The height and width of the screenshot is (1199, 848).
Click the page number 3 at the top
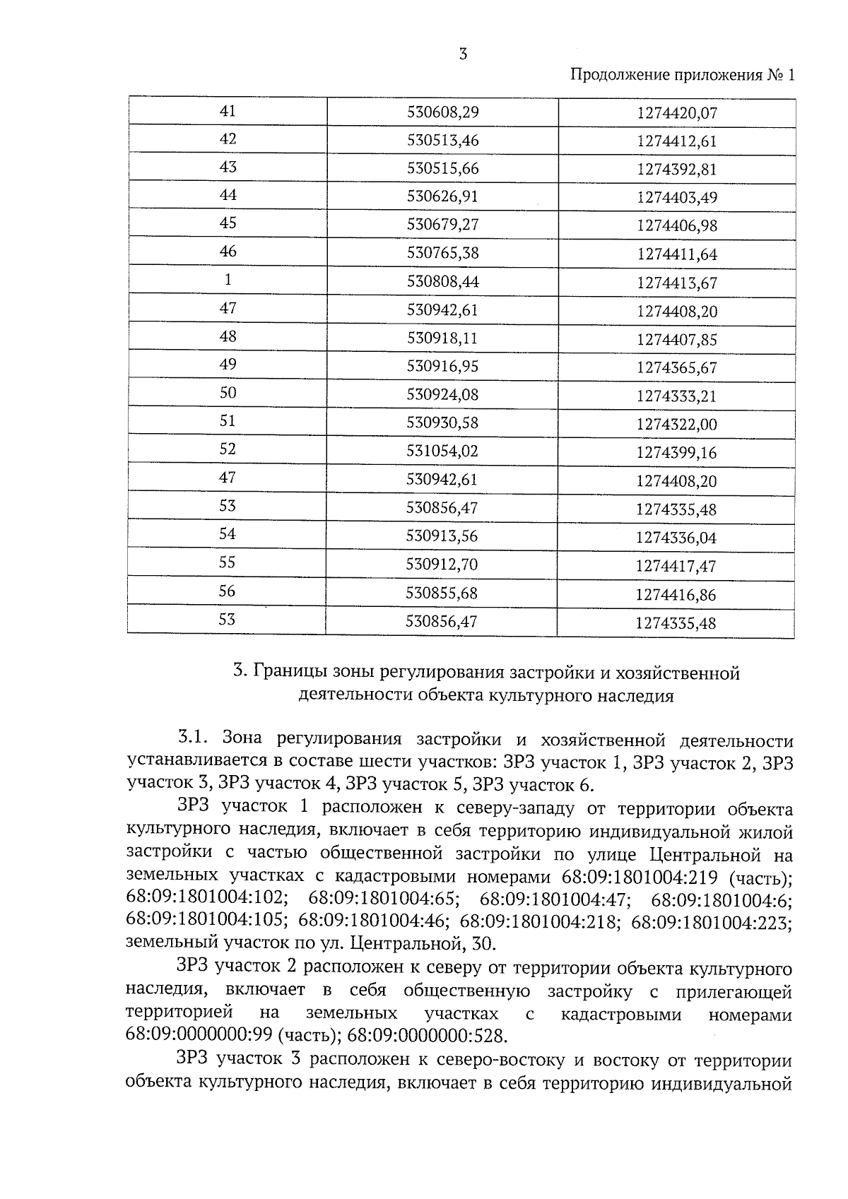click(463, 54)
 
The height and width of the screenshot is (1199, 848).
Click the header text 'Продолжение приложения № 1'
click(682, 75)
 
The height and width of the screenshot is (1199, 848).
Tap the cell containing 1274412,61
click(676, 141)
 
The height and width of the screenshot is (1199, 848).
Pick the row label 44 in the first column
click(228, 196)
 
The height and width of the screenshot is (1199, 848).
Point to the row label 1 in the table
click(228, 280)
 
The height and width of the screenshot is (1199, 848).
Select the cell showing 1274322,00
click(676, 425)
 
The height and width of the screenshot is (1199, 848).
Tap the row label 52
click(228, 450)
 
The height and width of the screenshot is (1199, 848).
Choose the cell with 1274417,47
click(676, 567)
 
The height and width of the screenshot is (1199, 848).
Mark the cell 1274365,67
click(676, 368)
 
